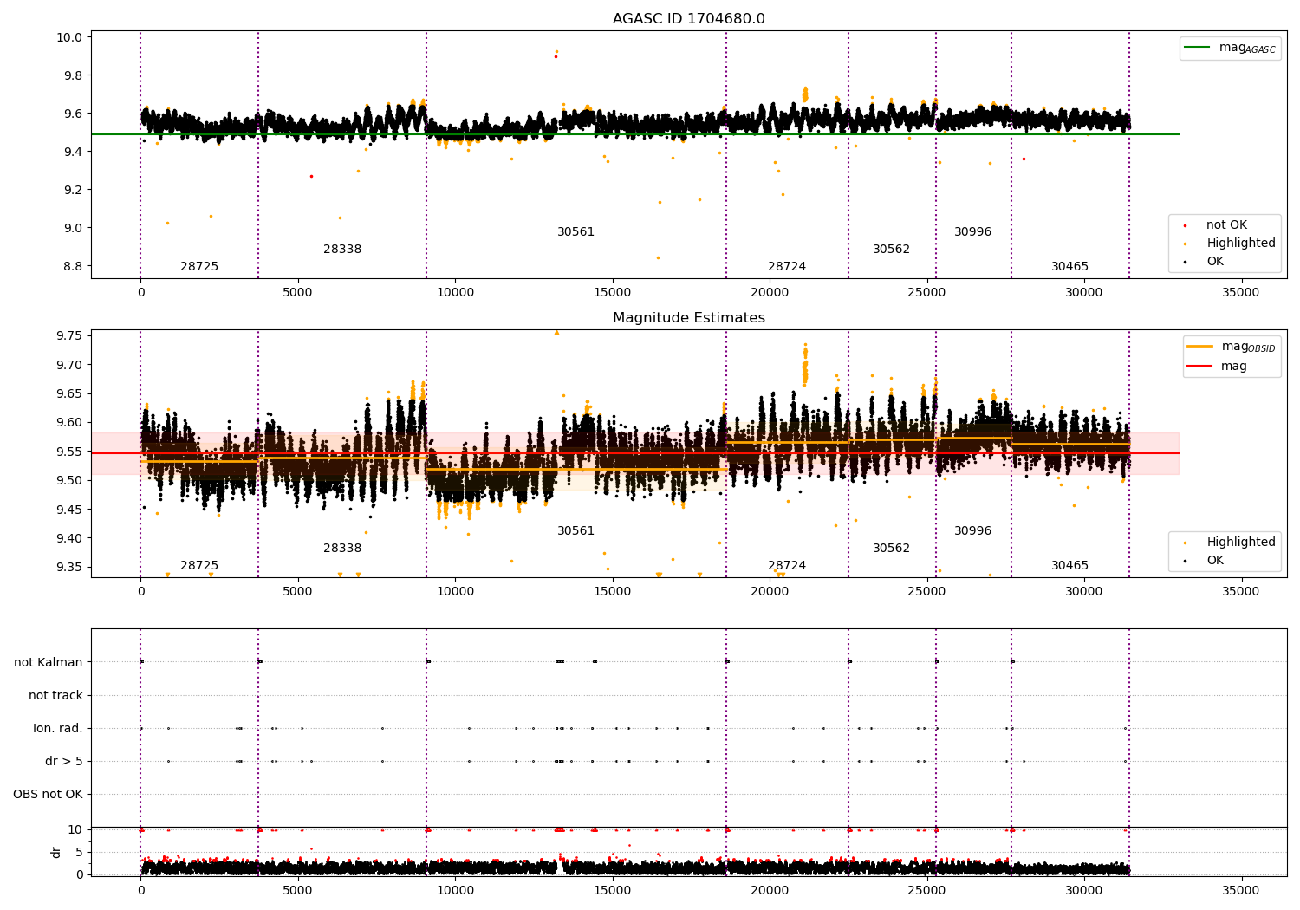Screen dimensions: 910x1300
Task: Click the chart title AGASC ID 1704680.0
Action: [x=688, y=19]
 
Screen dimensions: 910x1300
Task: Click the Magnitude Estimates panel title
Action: [x=688, y=318]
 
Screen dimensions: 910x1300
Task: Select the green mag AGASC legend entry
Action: [x=1231, y=48]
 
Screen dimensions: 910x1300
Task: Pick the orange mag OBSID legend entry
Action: [x=1232, y=347]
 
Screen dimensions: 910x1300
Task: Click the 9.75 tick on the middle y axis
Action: [x=68, y=336]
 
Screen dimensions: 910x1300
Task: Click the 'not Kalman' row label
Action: [x=49, y=662]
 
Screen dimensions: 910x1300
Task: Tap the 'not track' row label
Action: [x=55, y=695]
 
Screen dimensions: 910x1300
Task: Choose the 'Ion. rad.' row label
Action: [x=58, y=728]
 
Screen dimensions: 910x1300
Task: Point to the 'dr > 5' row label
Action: [x=64, y=761]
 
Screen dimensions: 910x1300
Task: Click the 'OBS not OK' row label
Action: [x=48, y=794]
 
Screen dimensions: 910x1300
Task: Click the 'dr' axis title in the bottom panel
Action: [x=56, y=852]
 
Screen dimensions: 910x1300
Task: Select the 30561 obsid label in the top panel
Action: [x=575, y=232]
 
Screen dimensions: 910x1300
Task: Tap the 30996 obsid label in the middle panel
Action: [x=972, y=531]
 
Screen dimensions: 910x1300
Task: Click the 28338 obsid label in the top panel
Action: [x=342, y=250]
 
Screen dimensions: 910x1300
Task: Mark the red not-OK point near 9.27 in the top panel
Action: [x=311, y=176]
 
